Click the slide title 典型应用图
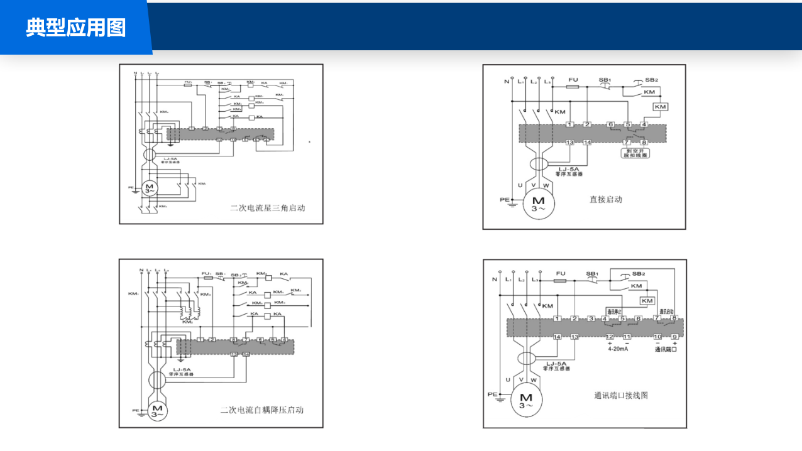coord(75,28)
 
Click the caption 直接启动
coord(606,200)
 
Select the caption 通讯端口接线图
coord(620,396)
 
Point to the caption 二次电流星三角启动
coord(267,208)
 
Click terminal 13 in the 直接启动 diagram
coord(570,143)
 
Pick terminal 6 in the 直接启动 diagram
coord(610,124)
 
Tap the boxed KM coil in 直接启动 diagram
coord(660,107)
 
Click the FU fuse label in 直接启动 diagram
coord(573,80)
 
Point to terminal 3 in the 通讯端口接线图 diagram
coord(591,319)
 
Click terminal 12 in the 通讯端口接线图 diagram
coord(609,337)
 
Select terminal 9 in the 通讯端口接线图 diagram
coord(674,337)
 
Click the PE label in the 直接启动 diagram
coord(504,200)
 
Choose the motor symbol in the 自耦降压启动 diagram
coord(157,411)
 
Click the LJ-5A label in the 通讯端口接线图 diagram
coord(557,364)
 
